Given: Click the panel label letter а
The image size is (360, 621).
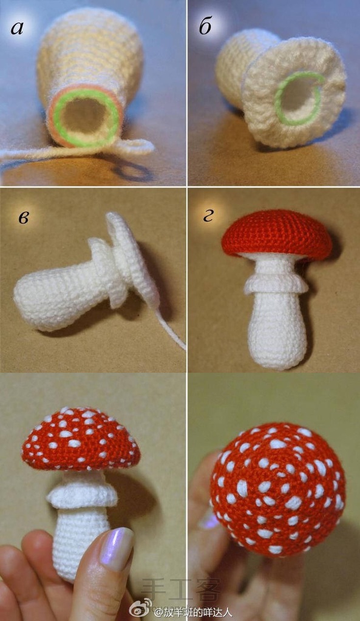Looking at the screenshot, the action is tap(16, 28).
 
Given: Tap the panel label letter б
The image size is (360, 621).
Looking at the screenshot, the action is tap(205, 26).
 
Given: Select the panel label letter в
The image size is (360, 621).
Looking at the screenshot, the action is tap(23, 218).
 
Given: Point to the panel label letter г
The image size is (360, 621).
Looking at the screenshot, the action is tap(208, 216).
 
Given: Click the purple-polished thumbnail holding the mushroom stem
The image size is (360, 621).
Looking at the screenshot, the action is tap(117, 549).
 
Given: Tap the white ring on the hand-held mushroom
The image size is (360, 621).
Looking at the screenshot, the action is tap(82, 495).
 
